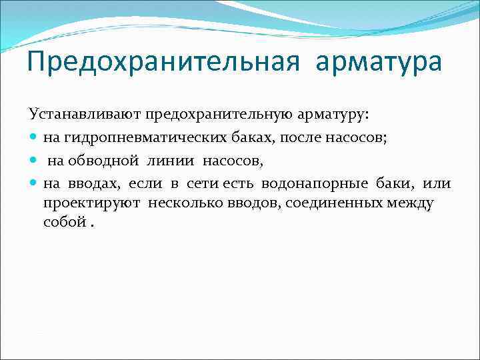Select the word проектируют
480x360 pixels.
93,203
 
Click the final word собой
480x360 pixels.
64,222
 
